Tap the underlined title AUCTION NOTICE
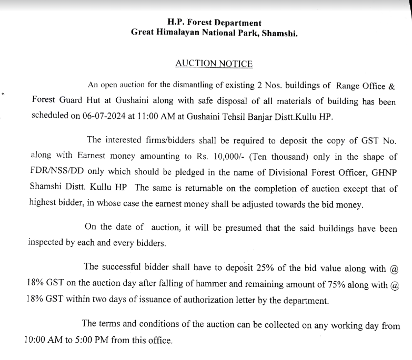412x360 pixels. coord(214,64)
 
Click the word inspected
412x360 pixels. coord(45,243)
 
